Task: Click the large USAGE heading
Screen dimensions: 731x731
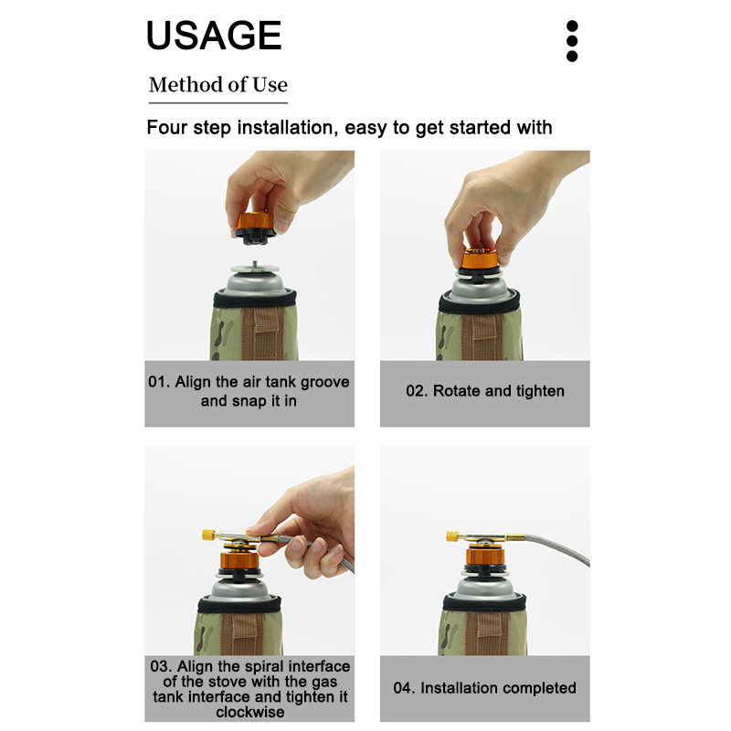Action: (x=214, y=35)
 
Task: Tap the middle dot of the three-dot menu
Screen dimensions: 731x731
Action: (x=572, y=41)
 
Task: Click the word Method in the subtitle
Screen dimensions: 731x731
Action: (x=185, y=85)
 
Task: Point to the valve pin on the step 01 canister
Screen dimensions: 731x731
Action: (x=255, y=264)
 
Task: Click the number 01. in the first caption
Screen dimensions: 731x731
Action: (x=159, y=382)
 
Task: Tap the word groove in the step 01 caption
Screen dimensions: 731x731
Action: (x=325, y=382)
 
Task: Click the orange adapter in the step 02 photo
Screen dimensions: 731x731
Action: (x=478, y=260)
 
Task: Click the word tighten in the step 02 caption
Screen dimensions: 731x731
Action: (x=540, y=391)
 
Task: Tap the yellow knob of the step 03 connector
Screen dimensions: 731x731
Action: (x=208, y=535)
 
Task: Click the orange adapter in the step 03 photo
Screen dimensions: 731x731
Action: (x=239, y=560)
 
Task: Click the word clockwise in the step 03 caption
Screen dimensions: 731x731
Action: (x=249, y=712)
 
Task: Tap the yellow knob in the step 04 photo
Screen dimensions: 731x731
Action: (x=452, y=536)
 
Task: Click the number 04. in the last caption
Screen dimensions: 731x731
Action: (x=405, y=688)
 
